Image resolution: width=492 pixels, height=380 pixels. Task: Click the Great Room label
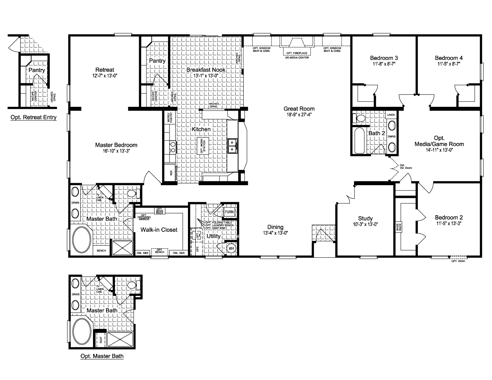point(299,109)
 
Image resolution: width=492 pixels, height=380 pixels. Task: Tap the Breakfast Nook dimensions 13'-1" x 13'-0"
point(206,76)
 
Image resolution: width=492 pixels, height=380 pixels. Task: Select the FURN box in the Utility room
point(229,212)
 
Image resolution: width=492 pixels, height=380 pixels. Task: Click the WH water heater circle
point(231,248)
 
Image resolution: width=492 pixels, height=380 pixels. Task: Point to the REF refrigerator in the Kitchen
point(171,173)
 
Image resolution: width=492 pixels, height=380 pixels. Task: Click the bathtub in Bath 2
point(360,141)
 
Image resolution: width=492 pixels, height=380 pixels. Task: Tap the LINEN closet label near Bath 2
point(391,115)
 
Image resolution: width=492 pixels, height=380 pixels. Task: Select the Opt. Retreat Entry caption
point(33,117)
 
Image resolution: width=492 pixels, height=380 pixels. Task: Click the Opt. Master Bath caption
point(102,356)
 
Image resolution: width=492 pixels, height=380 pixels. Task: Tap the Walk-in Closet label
point(159,230)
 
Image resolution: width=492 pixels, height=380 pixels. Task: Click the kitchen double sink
point(232,145)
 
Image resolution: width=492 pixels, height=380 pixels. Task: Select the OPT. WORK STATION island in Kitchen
point(201,145)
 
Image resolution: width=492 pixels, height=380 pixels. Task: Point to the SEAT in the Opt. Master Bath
point(101,340)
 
